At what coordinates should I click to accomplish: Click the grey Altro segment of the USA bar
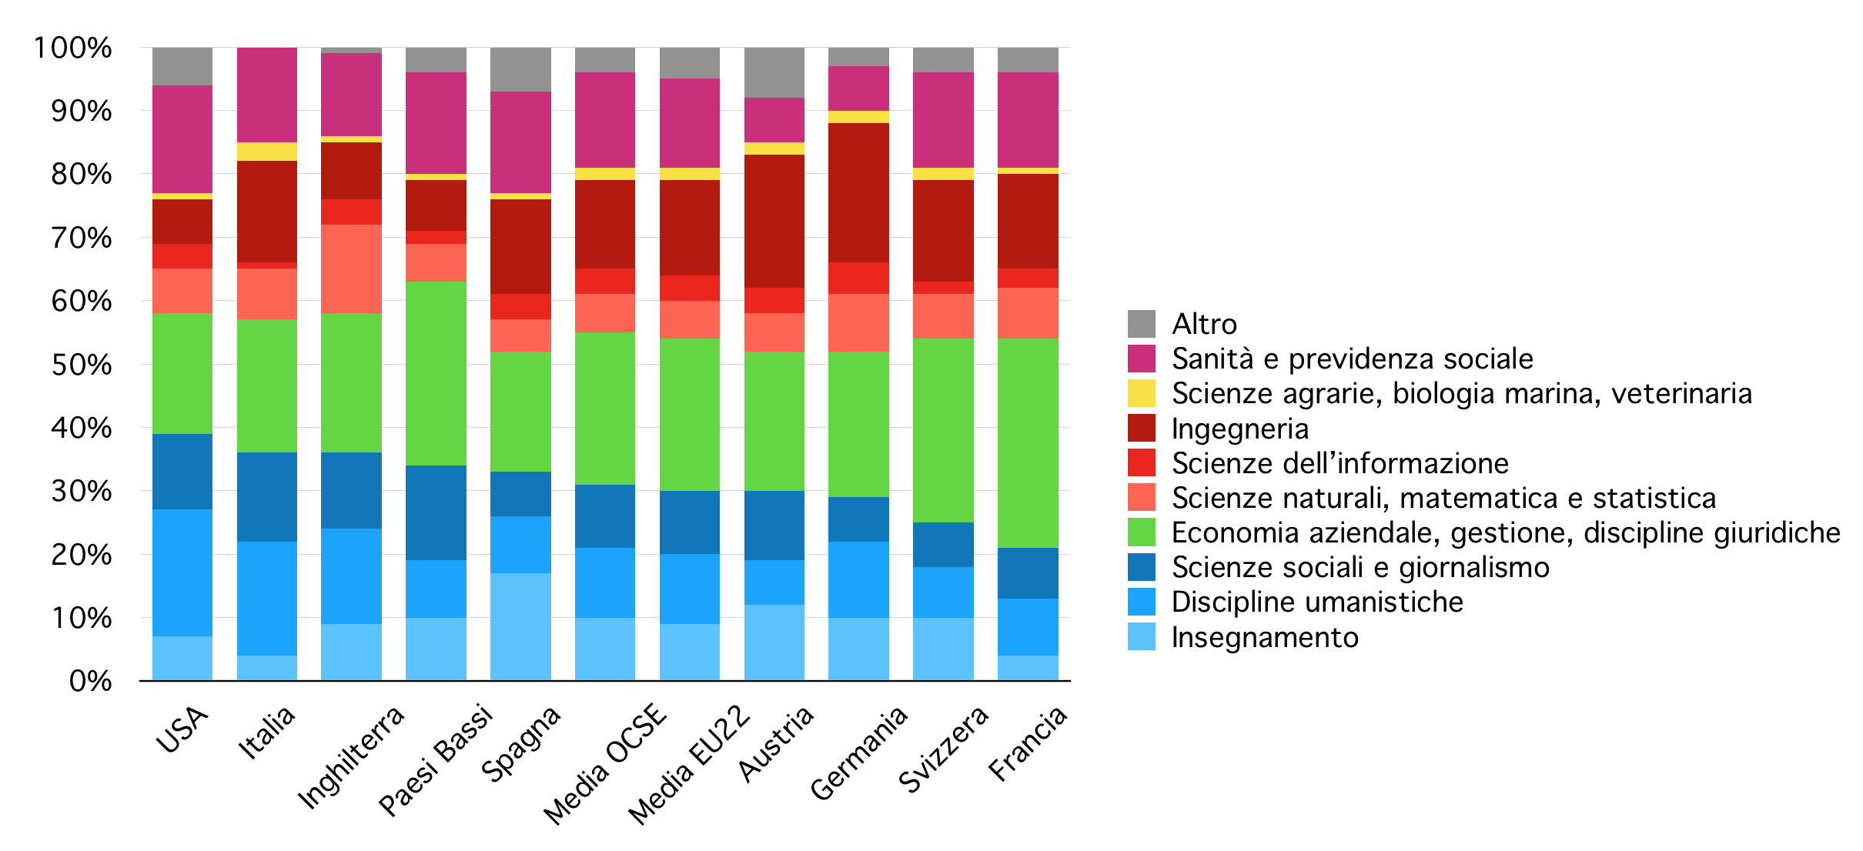point(182,66)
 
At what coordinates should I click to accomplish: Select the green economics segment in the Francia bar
point(1028,442)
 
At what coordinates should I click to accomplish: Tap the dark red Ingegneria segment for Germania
point(858,192)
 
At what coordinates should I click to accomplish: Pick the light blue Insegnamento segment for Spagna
point(520,626)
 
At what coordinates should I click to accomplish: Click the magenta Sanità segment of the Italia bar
point(267,95)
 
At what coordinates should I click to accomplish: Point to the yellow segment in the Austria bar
point(774,149)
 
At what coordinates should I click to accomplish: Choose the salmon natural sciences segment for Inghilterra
point(351,269)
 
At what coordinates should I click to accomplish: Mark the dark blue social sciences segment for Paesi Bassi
point(436,512)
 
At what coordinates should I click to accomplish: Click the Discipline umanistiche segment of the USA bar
point(182,572)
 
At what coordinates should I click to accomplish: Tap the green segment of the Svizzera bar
point(943,430)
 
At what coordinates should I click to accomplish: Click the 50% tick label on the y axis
point(82,365)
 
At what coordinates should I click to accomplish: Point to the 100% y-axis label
point(73,48)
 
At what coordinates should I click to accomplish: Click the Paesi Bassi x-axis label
point(436,759)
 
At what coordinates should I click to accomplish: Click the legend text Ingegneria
point(1239,429)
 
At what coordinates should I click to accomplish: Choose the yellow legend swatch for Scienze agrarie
point(1141,393)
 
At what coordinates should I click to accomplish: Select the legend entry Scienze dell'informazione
point(1340,463)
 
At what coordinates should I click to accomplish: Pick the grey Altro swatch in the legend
point(1141,324)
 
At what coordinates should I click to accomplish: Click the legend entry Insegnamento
point(1265,637)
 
